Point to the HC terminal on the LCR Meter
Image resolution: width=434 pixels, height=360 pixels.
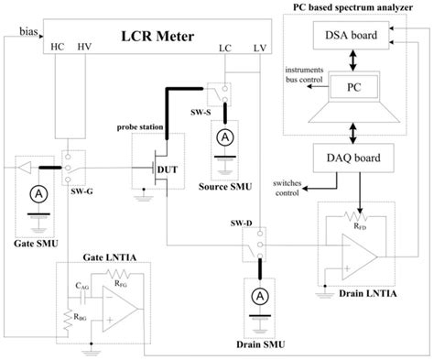tap(63, 46)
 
